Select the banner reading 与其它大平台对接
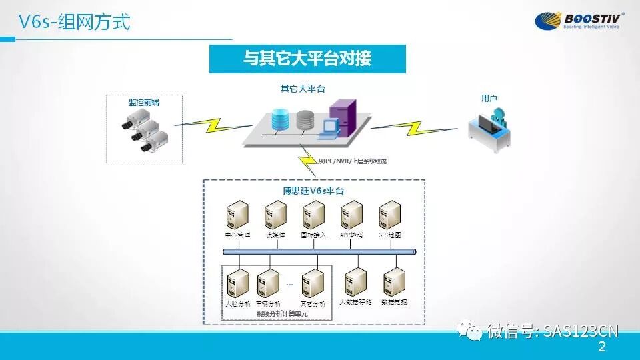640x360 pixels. click(307, 59)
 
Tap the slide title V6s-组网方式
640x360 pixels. click(73, 23)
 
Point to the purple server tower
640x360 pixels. click(343, 117)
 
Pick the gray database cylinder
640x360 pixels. click(305, 120)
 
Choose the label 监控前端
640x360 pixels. click(144, 102)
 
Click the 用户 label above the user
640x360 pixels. click(489, 98)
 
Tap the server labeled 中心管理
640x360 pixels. click(238, 215)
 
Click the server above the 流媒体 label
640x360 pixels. click(276, 215)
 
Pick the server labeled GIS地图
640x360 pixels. click(389, 215)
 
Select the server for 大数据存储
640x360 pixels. click(355, 281)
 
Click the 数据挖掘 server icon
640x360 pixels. click(395, 281)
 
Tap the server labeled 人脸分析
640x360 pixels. click(238, 283)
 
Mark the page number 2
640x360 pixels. click(602, 347)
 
